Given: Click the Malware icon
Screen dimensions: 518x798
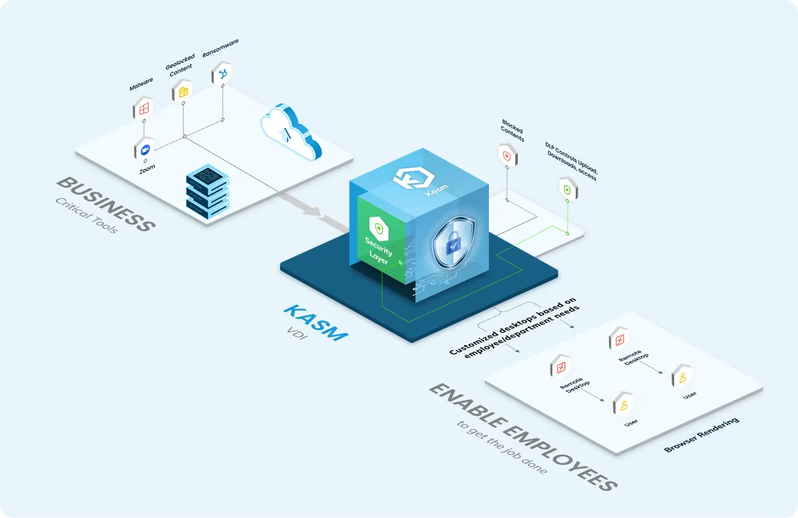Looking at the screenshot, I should [x=143, y=109].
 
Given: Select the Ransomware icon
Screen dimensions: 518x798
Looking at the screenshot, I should [x=222, y=75].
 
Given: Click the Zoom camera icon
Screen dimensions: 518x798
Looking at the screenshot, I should [x=145, y=150].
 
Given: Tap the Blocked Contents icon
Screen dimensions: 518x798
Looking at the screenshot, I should [x=507, y=156].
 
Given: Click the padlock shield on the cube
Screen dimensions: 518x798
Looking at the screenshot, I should [x=453, y=243].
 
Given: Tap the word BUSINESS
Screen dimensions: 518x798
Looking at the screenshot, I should [x=105, y=204].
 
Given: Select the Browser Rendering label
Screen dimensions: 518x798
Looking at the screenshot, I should [x=701, y=435].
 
